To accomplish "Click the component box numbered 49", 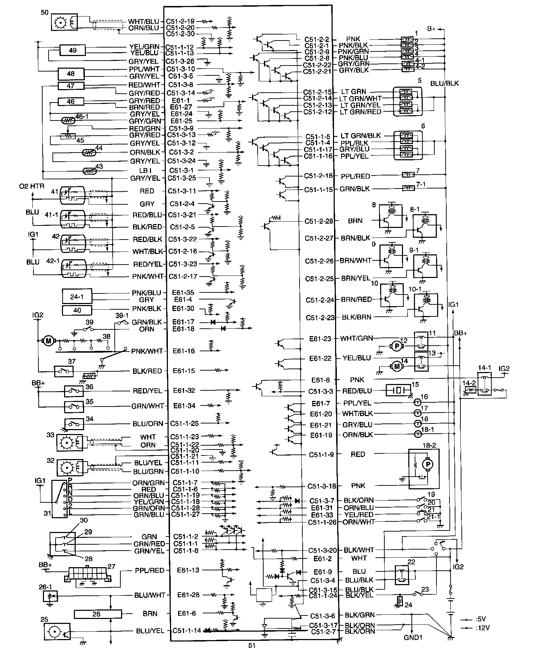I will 73,50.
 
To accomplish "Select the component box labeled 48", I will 71,74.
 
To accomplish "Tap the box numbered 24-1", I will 77,297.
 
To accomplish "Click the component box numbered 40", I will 77,310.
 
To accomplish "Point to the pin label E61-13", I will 186,570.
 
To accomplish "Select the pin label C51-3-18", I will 322,486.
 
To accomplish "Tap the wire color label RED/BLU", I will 357,391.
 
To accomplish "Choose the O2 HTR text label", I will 32,186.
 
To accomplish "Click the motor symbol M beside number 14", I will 397,367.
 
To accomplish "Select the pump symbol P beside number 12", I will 397,347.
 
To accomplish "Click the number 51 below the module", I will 252,645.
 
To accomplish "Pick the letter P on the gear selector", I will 70,480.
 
